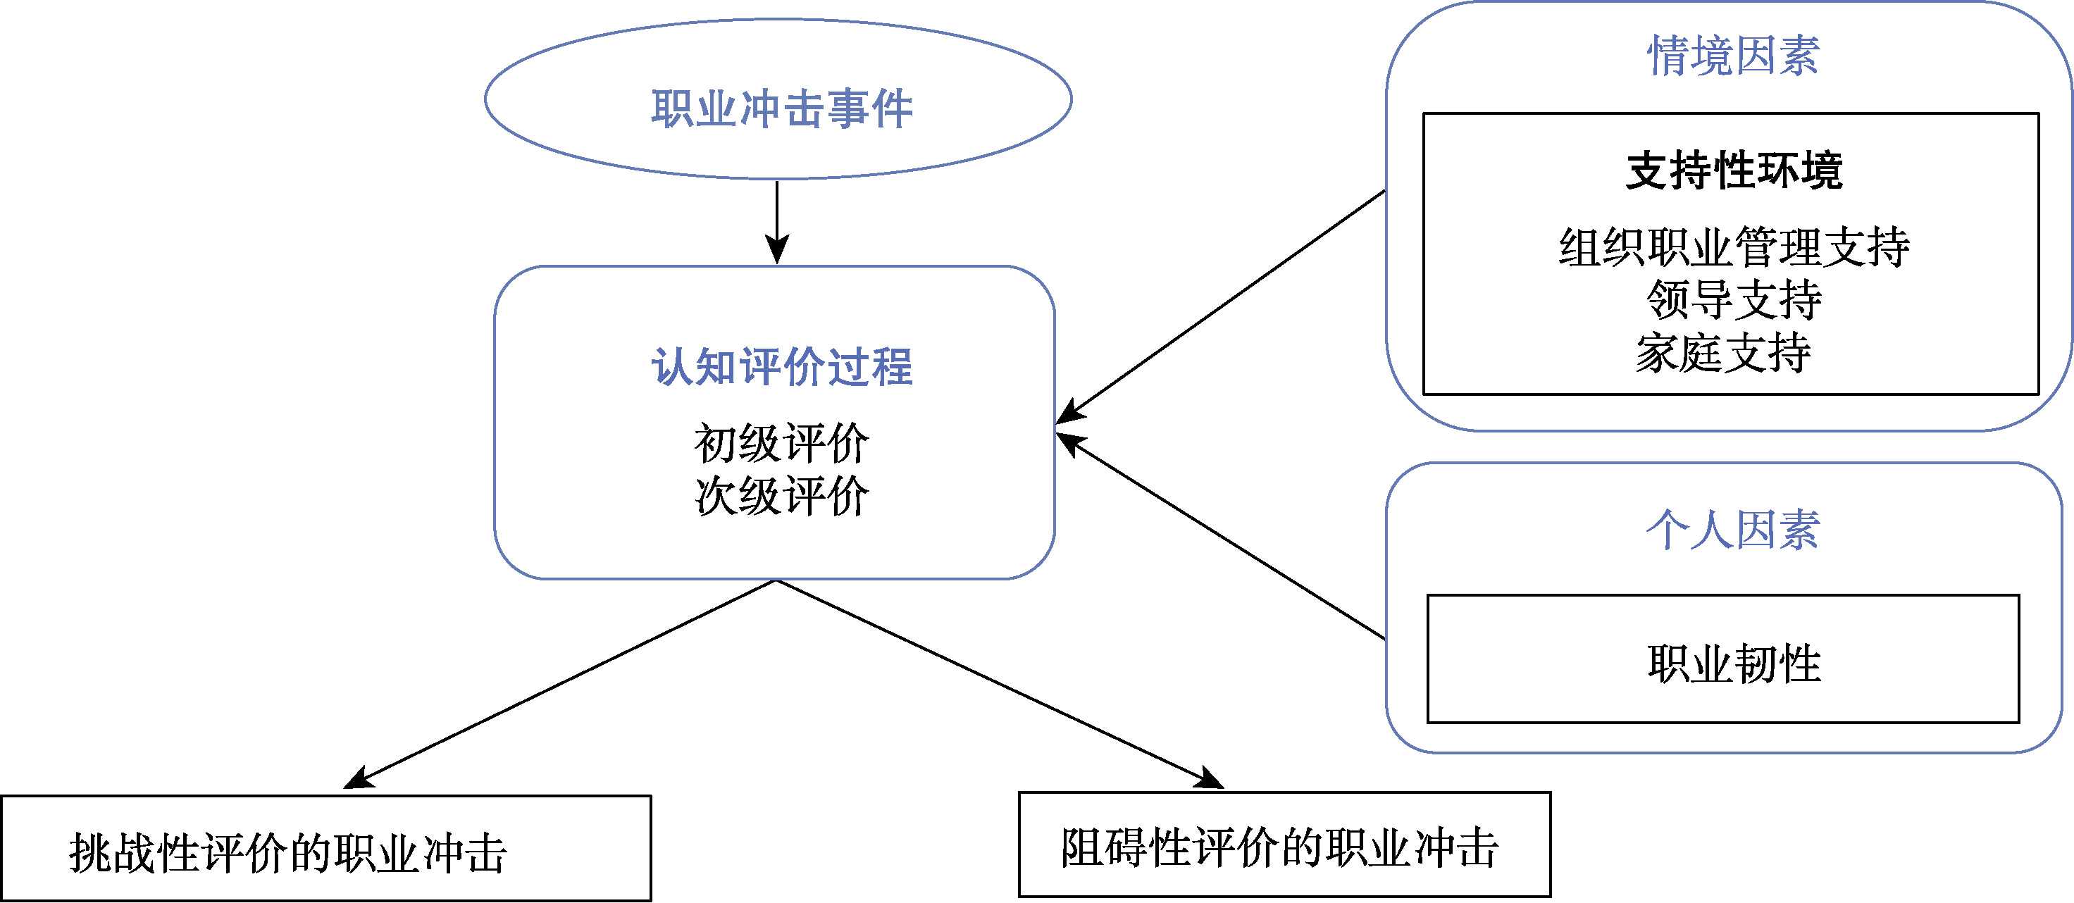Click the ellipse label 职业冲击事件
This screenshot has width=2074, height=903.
[x=781, y=108]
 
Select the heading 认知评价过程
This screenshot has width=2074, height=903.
[x=781, y=367]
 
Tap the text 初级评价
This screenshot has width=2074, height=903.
[x=781, y=444]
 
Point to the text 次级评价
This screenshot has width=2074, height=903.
[x=781, y=496]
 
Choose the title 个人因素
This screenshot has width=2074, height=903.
[x=1732, y=530]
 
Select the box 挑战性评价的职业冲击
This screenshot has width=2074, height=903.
[x=325, y=848]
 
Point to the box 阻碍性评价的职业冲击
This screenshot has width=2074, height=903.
[x=1284, y=845]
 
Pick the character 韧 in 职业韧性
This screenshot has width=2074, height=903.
[x=1755, y=664]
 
